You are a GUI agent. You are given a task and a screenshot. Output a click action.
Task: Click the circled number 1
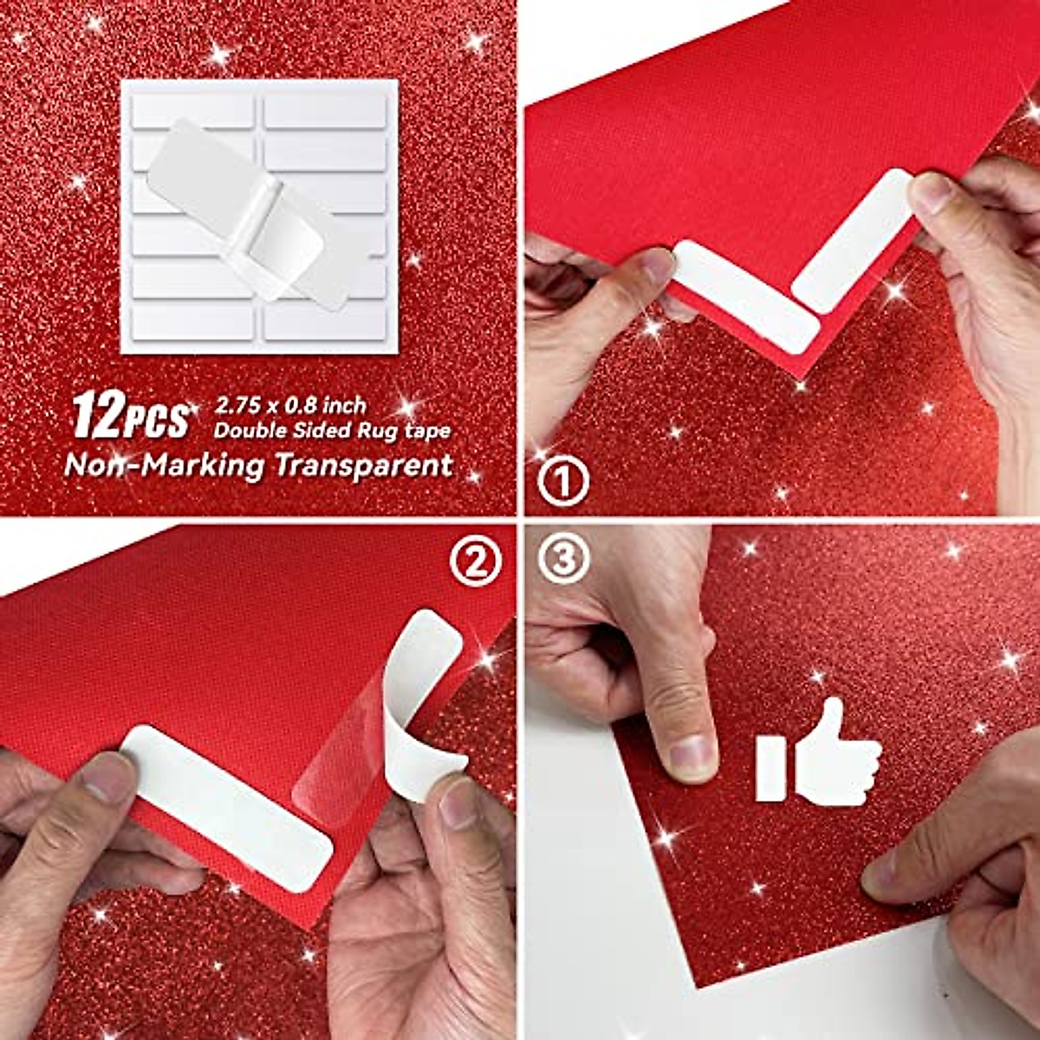point(562,482)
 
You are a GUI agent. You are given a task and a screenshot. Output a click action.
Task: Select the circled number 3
point(562,560)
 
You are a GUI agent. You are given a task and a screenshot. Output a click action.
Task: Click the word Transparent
point(363,465)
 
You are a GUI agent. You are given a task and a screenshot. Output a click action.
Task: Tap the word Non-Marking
point(164,465)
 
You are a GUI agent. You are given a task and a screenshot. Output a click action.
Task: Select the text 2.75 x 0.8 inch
point(290,405)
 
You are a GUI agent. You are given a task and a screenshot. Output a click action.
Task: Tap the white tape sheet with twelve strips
point(259,216)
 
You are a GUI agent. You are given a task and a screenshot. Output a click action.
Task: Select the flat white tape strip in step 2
point(228,806)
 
